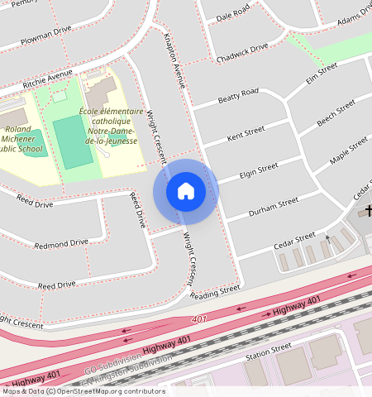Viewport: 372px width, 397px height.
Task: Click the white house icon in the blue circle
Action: tap(186, 192)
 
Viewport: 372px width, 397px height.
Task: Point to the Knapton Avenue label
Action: tap(174, 60)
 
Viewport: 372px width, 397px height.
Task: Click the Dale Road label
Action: tap(232, 13)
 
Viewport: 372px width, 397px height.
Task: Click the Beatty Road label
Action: tap(238, 97)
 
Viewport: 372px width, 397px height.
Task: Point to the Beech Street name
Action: tap(336, 114)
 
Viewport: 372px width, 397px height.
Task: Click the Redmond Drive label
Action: tap(61, 243)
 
